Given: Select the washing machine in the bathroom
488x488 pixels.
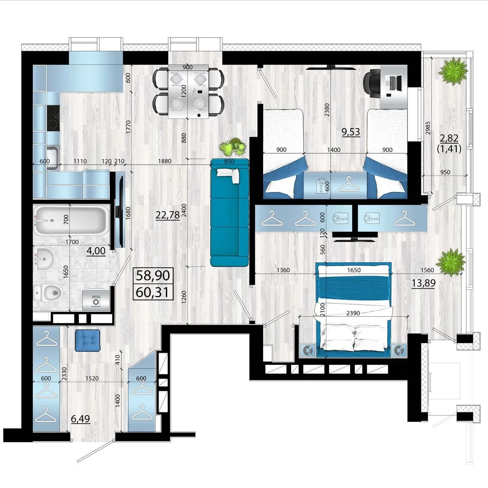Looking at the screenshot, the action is pos(96,301).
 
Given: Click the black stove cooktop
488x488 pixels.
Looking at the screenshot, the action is pos(53,118).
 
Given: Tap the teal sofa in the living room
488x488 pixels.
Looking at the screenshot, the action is pos(229,212).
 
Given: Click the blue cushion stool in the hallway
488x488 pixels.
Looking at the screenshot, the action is pos(87,341).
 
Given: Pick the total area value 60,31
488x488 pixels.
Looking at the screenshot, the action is pos(152,292).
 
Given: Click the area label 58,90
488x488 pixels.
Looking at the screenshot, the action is pos(153,276).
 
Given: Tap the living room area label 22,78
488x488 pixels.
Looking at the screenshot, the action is pos(168,215).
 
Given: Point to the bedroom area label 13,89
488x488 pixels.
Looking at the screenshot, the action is pos(423,283).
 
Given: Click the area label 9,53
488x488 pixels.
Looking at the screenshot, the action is pos(351,132).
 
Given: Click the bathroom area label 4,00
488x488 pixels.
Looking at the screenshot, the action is pos(96,251).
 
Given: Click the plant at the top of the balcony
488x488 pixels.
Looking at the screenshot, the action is pos(453,71).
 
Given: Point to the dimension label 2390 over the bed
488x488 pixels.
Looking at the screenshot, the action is pos(353,313).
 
